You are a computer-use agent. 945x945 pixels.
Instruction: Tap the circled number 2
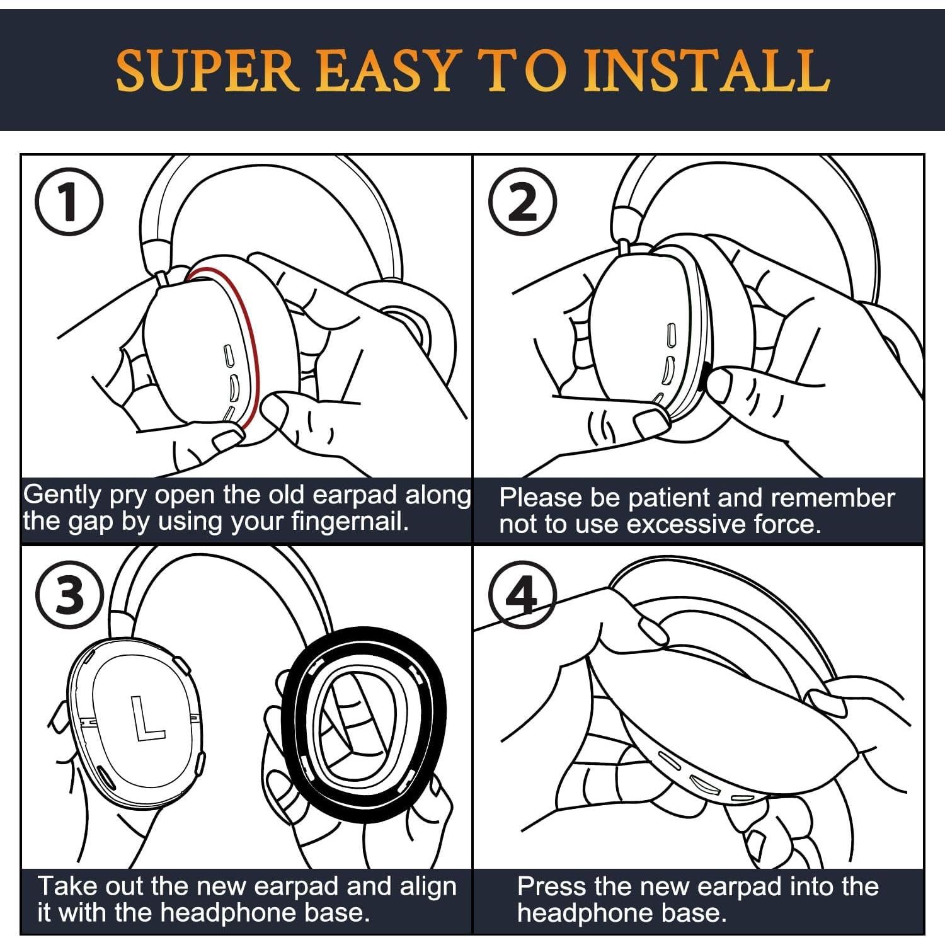pos(523,202)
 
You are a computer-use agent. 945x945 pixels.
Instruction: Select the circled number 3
pos(69,595)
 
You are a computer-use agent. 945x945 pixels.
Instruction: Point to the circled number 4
pos(523,595)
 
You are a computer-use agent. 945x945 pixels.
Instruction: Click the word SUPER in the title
pos(207,70)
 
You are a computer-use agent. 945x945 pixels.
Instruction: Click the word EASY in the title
pos(385,70)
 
